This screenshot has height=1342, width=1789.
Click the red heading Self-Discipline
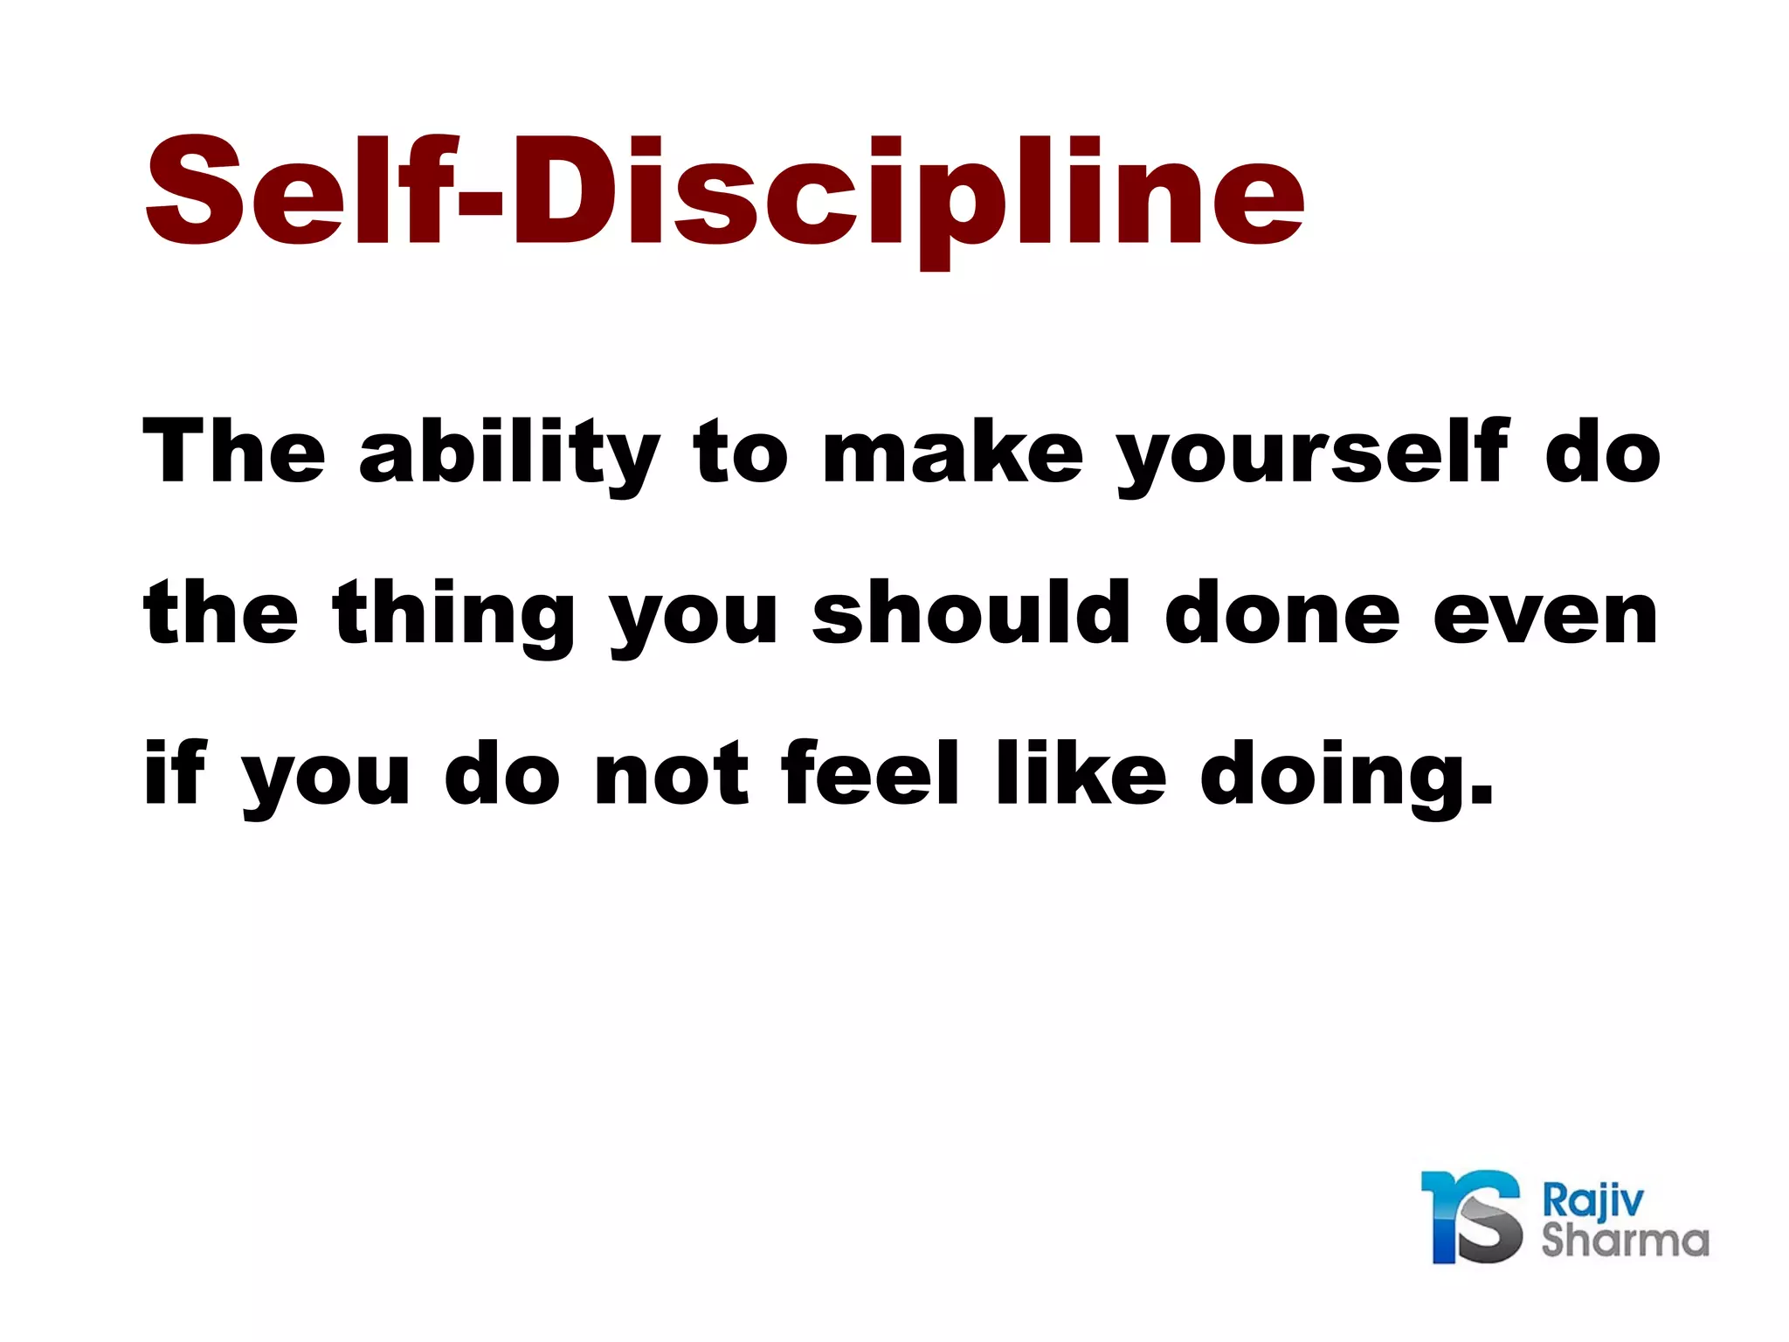click(725, 192)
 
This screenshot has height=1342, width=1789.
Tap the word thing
click(454, 615)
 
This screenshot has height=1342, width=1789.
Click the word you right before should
click(694, 620)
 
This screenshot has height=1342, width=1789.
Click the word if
click(175, 772)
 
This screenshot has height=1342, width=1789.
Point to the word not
click(671, 774)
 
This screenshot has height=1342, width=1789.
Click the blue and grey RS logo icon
click(1473, 1216)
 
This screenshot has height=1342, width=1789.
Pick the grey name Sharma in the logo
click(1625, 1240)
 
